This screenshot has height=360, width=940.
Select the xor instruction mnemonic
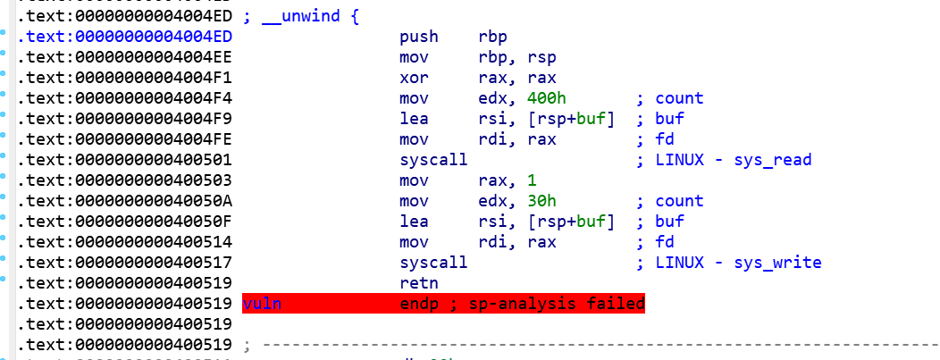[415, 77]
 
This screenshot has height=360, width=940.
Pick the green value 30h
[538, 200]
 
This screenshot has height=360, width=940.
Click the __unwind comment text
[308, 15]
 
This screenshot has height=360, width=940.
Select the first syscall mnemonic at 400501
[433, 160]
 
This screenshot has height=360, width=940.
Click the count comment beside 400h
[678, 97]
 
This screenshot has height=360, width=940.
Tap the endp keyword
[421, 304]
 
